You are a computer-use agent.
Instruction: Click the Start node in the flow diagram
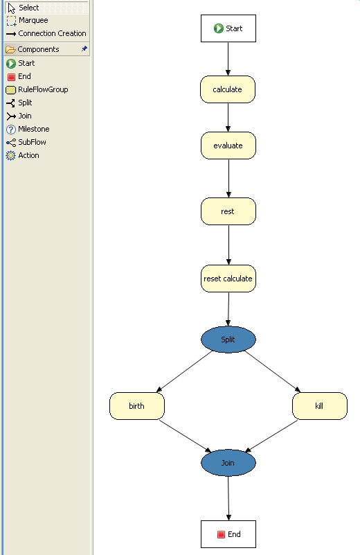tap(228, 29)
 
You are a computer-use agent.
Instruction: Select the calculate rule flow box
tap(228, 89)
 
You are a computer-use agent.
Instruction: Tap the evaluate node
tap(228, 146)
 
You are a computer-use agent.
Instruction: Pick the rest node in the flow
tap(228, 211)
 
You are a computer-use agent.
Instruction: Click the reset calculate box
tap(228, 279)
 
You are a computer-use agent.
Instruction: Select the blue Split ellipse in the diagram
tap(228, 340)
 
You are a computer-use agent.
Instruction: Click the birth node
tap(136, 406)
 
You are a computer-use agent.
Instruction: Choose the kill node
tap(319, 406)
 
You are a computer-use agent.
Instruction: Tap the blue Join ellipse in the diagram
tap(228, 462)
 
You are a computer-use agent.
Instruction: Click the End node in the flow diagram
tap(228, 534)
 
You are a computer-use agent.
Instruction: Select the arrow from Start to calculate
tap(228, 59)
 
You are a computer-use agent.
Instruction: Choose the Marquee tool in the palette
tap(33, 21)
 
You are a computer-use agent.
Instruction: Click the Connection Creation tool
tap(52, 33)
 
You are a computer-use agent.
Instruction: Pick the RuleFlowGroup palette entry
tap(43, 89)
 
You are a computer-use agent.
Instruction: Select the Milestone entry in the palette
tap(33, 129)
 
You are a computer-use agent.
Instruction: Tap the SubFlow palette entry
tap(32, 142)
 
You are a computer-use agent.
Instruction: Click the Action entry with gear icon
tap(28, 155)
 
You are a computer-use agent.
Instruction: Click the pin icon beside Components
tap(84, 49)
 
